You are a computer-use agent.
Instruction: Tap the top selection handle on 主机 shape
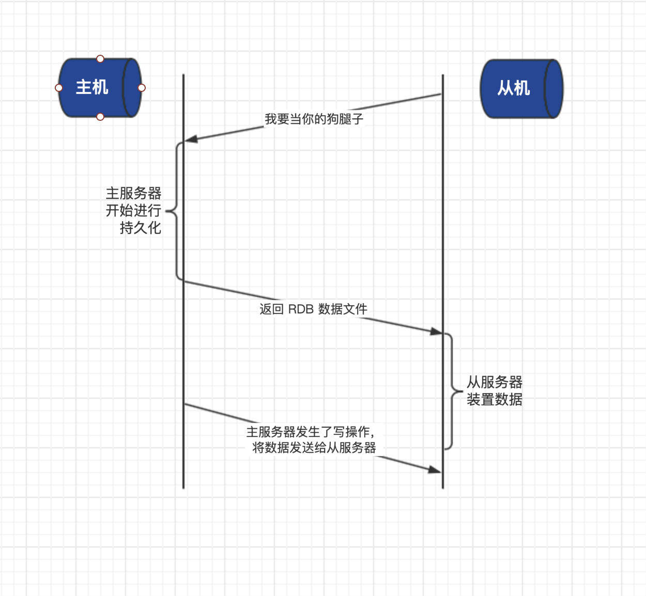tap(100, 59)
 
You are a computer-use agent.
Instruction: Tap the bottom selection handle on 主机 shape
tap(100, 117)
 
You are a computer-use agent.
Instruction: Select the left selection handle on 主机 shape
tap(59, 88)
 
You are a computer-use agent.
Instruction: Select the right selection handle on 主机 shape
tap(142, 88)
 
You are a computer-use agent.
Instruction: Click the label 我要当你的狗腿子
tap(314, 119)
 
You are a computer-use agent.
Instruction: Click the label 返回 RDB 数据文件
tap(313, 309)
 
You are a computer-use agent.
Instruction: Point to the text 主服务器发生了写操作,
tap(310, 432)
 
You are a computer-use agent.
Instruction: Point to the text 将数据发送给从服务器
tap(314, 448)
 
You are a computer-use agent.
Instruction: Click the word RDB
tap(301, 309)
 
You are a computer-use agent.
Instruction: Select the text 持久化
tap(140, 228)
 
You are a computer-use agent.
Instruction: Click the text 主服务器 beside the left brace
tap(133, 193)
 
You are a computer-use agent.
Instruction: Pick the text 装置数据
tap(494, 399)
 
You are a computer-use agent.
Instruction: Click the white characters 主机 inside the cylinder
tap(92, 87)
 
